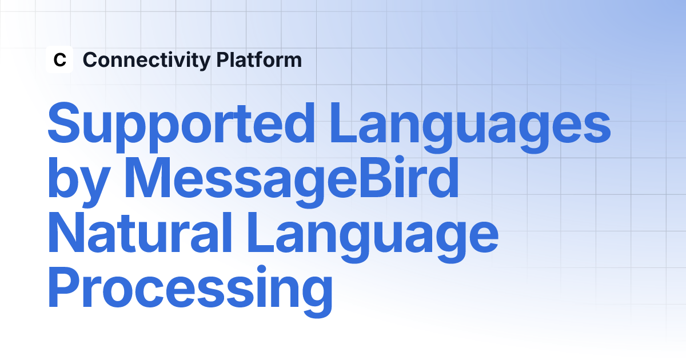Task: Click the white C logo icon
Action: (59, 59)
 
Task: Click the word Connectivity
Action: (147, 61)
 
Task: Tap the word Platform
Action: (259, 59)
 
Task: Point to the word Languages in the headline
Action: (470, 127)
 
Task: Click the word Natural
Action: (140, 232)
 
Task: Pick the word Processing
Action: (190, 291)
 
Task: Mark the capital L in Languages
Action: (344, 122)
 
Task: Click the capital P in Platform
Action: (224, 59)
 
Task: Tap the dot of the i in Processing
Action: (261, 270)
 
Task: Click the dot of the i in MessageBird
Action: (404, 161)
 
